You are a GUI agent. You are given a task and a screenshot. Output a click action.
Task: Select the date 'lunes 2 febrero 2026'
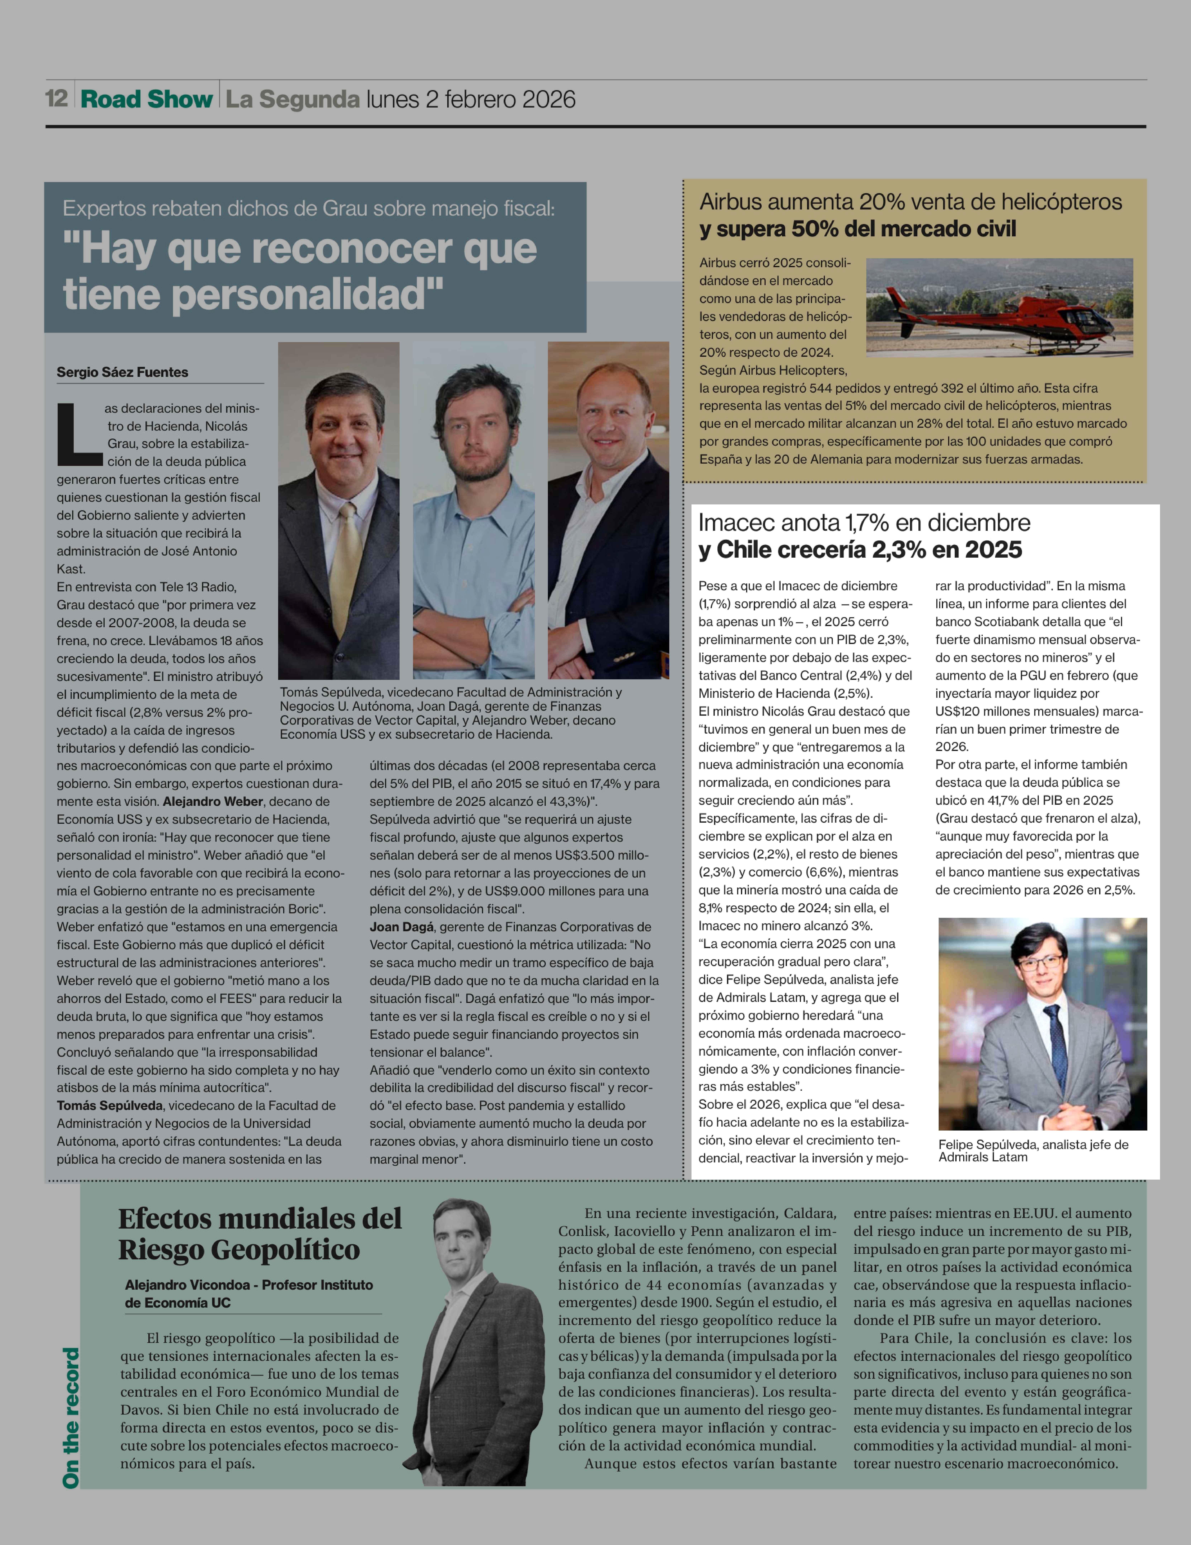pyautogui.click(x=470, y=99)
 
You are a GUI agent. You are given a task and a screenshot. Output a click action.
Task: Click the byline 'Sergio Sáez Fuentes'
pyautogui.click(x=122, y=372)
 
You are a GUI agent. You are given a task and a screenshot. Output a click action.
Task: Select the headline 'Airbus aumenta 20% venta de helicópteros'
pyautogui.click(x=910, y=202)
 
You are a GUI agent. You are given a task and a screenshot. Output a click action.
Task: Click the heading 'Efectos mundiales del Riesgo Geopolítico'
pyautogui.click(x=260, y=1234)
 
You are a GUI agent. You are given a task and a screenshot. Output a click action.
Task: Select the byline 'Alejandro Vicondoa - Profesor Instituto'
pyautogui.click(x=249, y=1285)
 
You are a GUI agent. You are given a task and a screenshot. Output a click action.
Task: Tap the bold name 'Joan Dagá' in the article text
pyautogui.click(x=400, y=927)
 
